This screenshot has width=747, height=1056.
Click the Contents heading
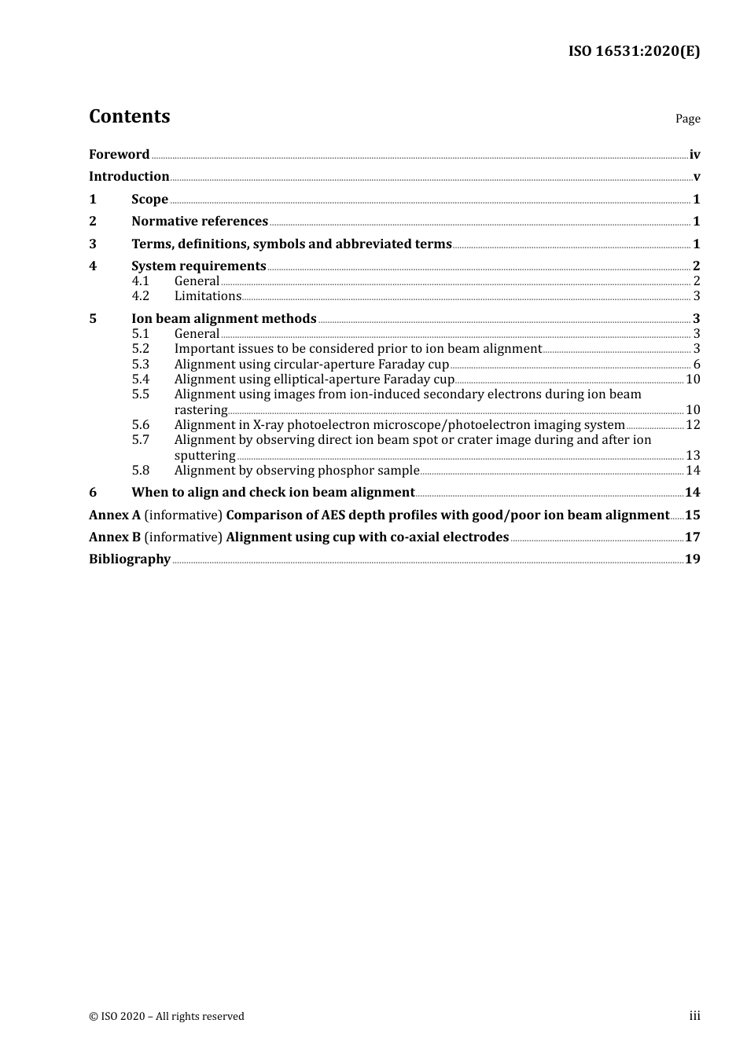(x=129, y=116)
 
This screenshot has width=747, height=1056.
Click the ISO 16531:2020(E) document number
(x=634, y=51)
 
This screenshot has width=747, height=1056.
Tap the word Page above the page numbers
(x=687, y=119)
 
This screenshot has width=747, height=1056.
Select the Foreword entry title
(x=119, y=155)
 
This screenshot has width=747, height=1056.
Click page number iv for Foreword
(x=694, y=155)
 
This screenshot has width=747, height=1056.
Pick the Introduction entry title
(x=129, y=177)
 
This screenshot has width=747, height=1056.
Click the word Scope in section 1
(x=149, y=200)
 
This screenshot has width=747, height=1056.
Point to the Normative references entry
(x=200, y=222)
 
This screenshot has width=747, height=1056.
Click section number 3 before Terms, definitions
(x=93, y=244)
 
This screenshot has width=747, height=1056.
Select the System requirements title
(x=198, y=266)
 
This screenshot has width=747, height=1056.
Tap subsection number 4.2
(x=140, y=296)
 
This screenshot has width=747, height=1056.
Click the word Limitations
(x=208, y=296)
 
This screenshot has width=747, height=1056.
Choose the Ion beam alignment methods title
(x=223, y=319)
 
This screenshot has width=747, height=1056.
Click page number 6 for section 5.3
(x=696, y=365)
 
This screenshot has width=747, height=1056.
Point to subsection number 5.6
(x=140, y=425)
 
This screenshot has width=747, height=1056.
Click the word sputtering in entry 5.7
(x=204, y=456)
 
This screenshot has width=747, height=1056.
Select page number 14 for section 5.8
(x=693, y=471)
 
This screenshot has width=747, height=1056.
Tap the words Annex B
(x=115, y=537)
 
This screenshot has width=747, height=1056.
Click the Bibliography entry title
(x=130, y=559)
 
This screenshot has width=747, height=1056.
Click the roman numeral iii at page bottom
(x=694, y=1016)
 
